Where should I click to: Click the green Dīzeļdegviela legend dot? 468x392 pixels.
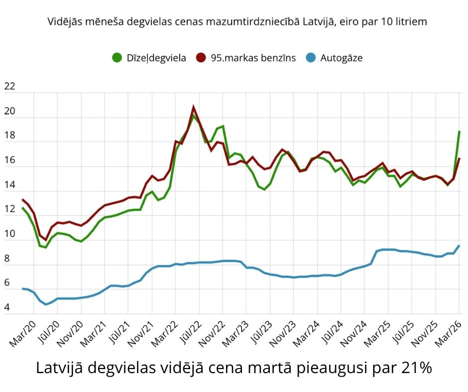click(117, 58)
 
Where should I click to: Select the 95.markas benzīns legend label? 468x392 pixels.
click(253, 58)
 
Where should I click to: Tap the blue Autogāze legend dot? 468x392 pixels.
click(311, 58)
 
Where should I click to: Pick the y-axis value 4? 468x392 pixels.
click(7, 308)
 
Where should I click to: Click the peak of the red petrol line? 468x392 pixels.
click(193, 107)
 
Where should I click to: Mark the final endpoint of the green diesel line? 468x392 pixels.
click(459, 131)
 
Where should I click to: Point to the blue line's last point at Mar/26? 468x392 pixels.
click(459, 246)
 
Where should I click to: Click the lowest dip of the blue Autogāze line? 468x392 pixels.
click(46, 304)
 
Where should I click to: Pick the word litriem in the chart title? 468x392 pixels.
click(411, 22)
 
